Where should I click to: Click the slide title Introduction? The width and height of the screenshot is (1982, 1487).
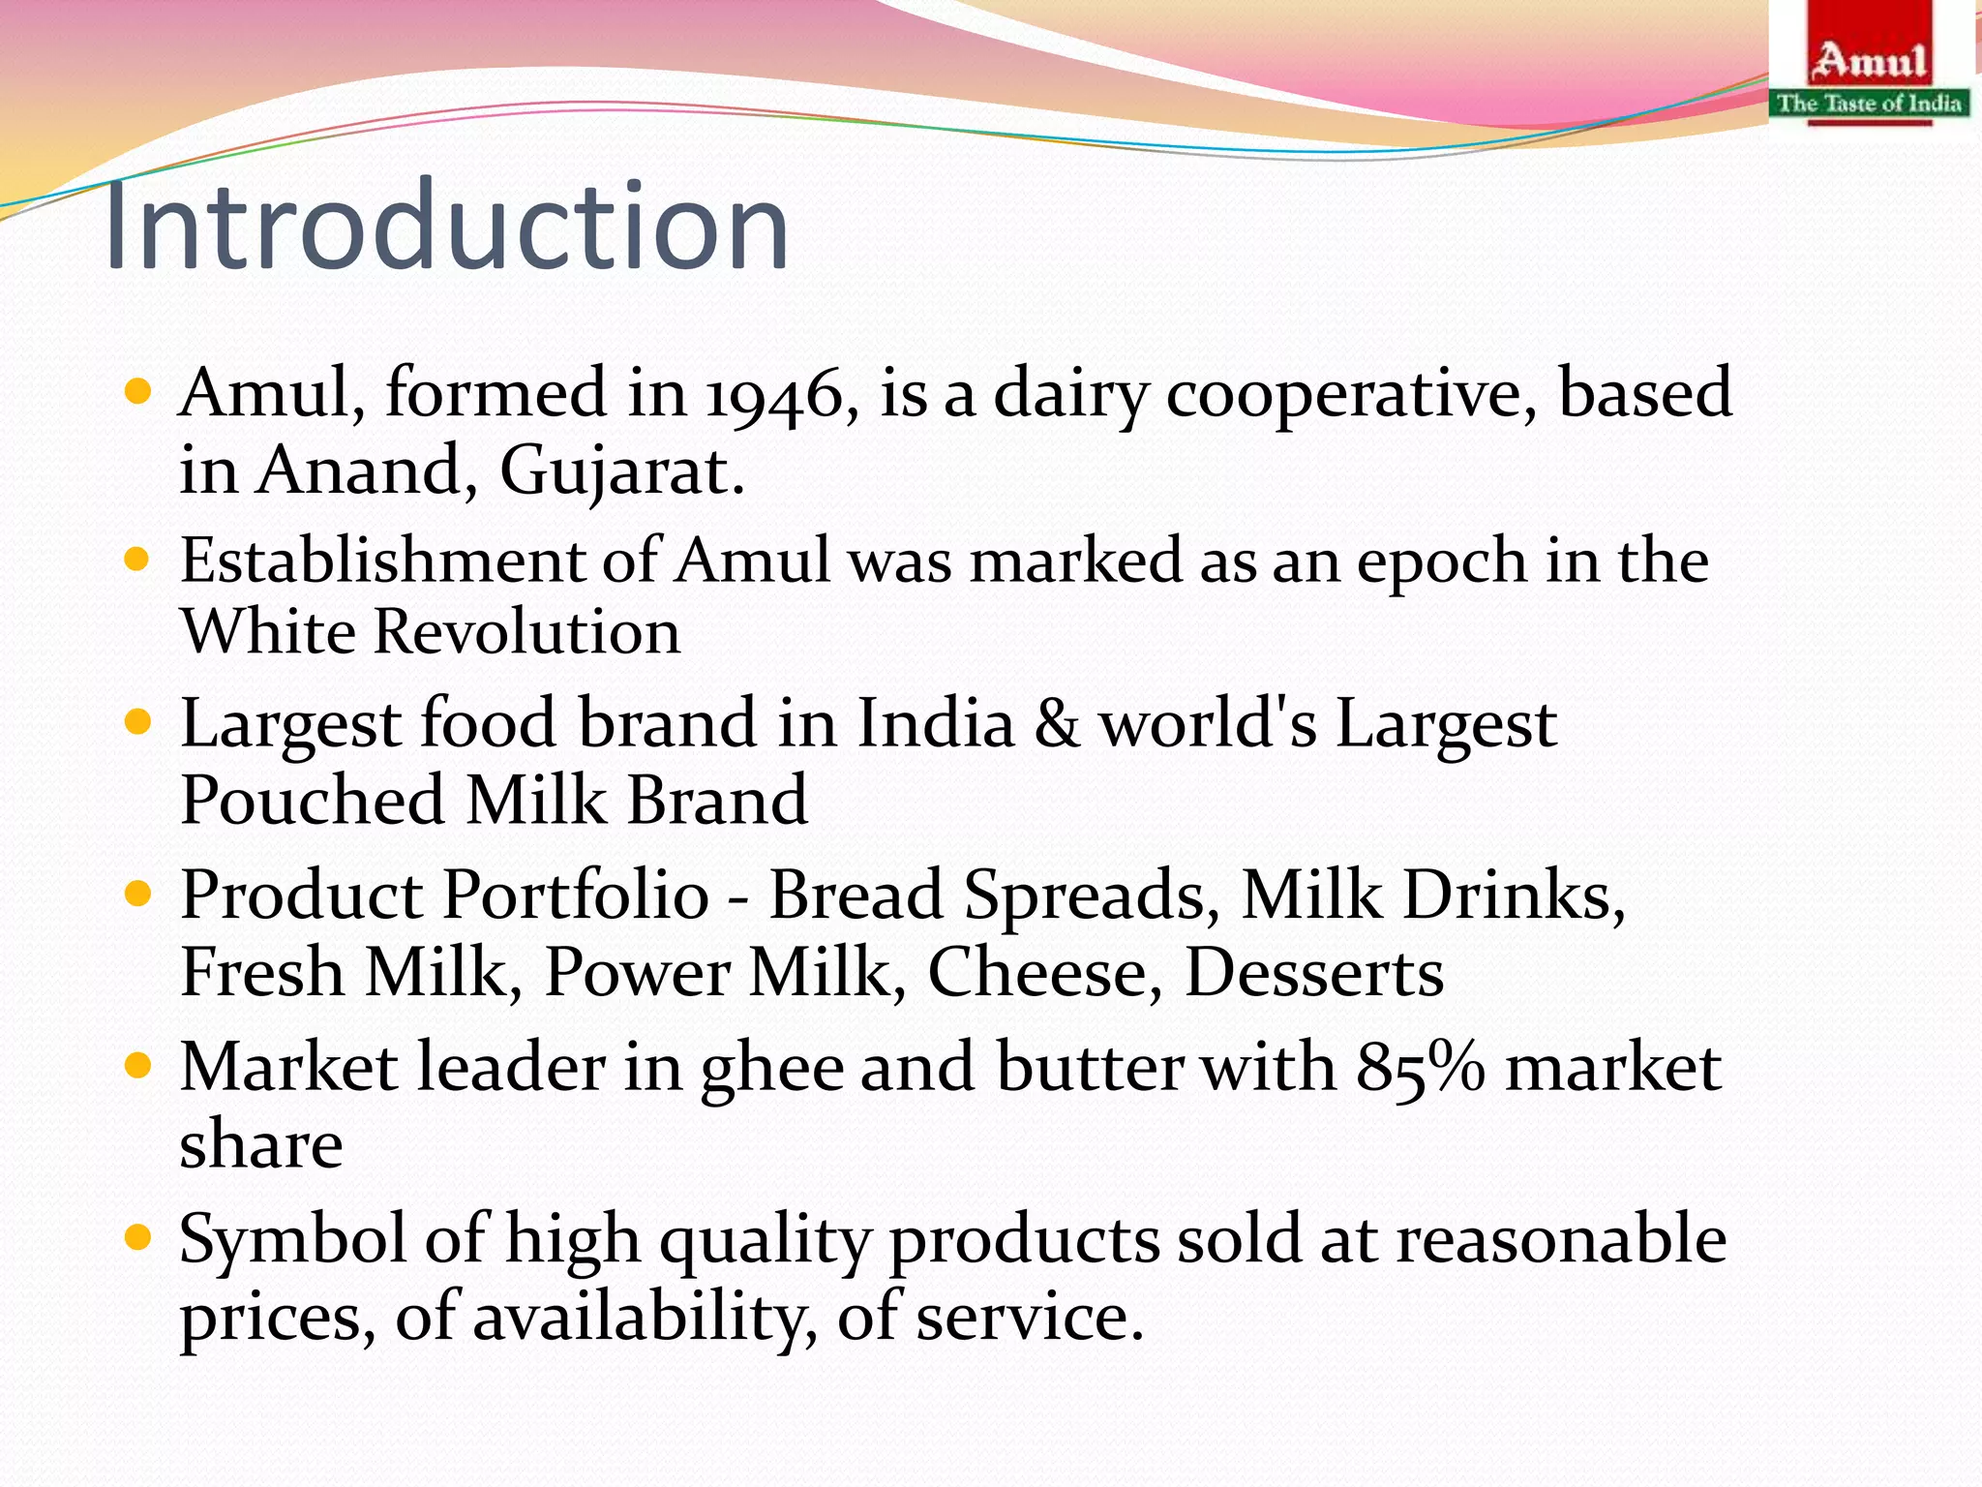tap(446, 227)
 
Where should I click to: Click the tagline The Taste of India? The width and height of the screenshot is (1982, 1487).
tap(1869, 103)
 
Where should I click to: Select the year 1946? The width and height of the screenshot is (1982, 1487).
tap(773, 395)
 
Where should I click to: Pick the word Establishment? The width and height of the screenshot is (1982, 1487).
tap(382, 561)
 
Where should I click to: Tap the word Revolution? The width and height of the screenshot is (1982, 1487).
tap(526, 632)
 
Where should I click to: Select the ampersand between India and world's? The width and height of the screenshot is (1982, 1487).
tap(1057, 723)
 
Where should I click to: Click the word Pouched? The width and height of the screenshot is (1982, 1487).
tap(312, 801)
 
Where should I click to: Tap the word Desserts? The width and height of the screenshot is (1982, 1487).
tap(1313, 972)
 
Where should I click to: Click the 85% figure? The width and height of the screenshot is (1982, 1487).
tap(1420, 1068)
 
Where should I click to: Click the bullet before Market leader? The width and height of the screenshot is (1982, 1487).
tap(139, 1067)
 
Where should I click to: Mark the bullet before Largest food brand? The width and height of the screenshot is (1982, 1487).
tap(139, 722)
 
